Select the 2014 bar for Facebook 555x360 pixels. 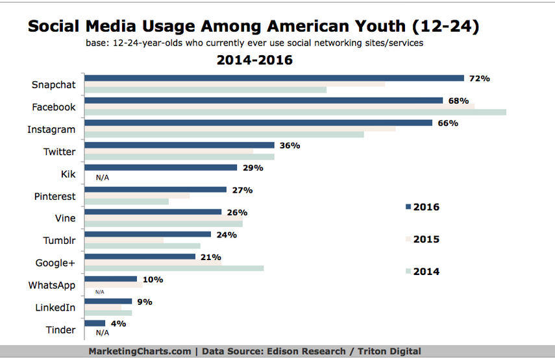point(295,112)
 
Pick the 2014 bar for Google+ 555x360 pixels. point(174,268)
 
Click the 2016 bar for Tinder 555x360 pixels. point(95,323)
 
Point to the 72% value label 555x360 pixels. point(479,78)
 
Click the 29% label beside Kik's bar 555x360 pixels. point(253,168)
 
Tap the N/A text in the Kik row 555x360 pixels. point(102,176)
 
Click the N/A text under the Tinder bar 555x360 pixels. point(102,332)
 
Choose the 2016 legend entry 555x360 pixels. point(422,207)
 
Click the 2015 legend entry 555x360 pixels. point(422,239)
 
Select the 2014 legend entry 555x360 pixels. point(422,272)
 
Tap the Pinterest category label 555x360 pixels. point(55,196)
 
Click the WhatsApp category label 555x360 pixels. point(52,285)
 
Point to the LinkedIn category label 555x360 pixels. point(55,307)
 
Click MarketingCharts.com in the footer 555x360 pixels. point(140,351)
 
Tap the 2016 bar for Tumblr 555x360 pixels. point(148,234)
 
